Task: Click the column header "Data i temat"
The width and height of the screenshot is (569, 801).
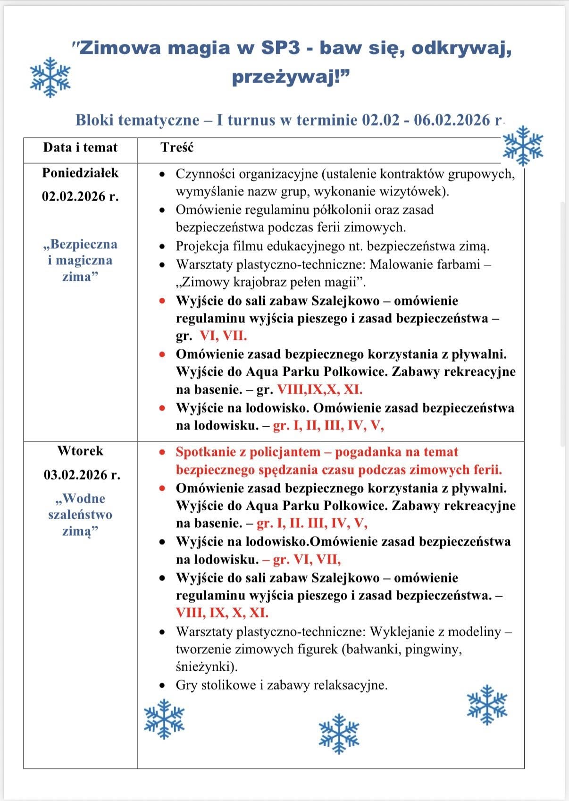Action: tap(80, 148)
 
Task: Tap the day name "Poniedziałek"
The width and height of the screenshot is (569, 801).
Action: tap(80, 173)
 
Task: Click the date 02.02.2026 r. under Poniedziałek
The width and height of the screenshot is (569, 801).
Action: tap(80, 196)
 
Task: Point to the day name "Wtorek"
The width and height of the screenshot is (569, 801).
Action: tap(80, 451)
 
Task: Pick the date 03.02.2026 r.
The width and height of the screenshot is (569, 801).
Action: tap(82, 475)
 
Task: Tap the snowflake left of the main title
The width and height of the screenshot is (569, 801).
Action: tap(50, 77)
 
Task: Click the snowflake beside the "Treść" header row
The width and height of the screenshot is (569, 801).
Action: tap(523, 146)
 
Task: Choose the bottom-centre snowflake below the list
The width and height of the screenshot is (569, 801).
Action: tap(339, 734)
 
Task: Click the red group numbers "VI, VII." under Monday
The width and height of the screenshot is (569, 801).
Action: tap(223, 336)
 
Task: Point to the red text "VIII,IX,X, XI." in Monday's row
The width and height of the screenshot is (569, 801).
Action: tap(319, 390)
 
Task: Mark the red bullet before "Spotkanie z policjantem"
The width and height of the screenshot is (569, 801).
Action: tap(162, 452)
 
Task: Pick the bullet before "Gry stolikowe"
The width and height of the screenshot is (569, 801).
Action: tap(162, 685)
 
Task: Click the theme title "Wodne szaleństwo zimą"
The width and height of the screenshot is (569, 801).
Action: tap(80, 514)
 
